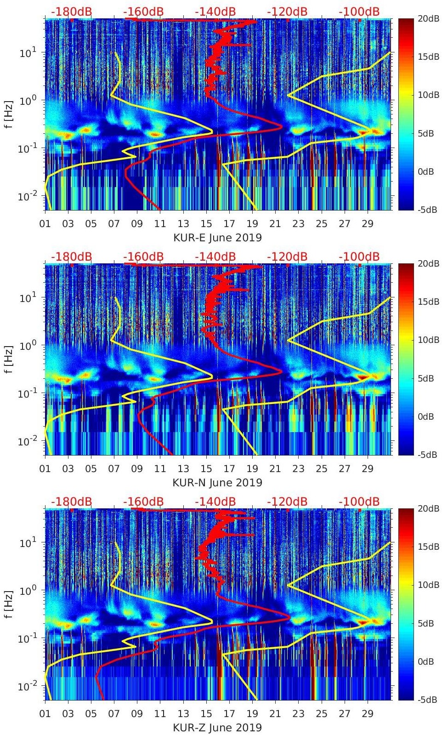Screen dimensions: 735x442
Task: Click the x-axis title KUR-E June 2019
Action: point(217,238)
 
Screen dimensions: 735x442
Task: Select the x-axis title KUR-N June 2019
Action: point(217,483)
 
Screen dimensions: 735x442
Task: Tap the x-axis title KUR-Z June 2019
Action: point(217,728)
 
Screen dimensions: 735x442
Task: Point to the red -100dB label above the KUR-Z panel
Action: point(359,501)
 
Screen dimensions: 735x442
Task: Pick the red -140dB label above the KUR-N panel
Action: point(215,256)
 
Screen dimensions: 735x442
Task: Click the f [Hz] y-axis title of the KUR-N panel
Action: point(9,359)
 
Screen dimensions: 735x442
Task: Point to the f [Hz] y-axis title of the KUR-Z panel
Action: point(9,604)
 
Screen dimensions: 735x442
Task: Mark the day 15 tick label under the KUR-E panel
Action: point(206,224)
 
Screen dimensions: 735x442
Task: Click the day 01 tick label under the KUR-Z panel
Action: point(45,714)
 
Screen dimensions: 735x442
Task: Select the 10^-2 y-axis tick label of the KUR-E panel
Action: point(26,197)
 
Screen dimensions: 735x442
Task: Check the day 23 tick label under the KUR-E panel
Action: point(298,224)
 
